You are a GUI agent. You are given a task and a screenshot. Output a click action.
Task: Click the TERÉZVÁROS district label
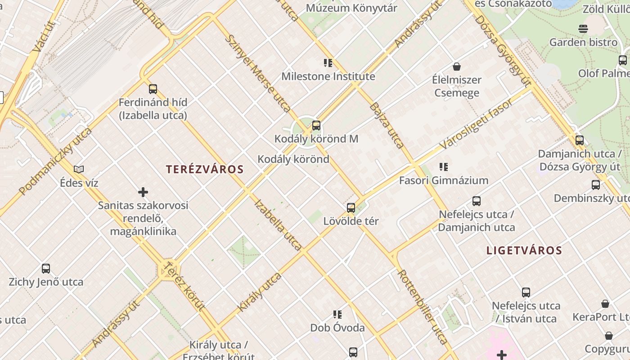click(205, 170)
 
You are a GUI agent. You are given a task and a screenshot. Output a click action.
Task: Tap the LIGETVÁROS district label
click(524, 251)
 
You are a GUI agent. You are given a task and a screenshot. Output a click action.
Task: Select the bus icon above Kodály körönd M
click(316, 126)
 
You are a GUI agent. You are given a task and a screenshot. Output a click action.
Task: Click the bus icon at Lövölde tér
click(351, 208)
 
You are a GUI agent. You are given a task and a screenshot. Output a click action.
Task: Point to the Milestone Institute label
click(328, 76)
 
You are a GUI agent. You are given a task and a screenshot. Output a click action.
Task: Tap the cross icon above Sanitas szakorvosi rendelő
click(143, 193)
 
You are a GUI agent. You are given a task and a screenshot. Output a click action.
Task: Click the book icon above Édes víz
click(79, 170)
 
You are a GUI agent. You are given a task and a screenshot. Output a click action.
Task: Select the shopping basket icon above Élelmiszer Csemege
click(457, 67)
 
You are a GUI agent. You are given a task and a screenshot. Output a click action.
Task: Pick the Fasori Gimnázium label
click(444, 180)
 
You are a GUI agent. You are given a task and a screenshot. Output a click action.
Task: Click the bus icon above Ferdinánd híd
click(153, 89)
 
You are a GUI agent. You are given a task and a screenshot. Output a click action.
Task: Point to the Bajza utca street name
click(387, 125)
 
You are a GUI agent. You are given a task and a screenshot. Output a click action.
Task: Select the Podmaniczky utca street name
click(55, 161)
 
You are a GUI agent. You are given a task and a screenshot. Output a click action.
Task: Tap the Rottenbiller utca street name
click(423, 307)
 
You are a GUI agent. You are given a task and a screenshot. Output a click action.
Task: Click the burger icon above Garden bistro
click(583, 29)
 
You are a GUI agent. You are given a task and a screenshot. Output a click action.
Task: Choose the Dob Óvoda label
click(337, 328)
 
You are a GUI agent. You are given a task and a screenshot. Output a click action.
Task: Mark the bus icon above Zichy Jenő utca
click(46, 269)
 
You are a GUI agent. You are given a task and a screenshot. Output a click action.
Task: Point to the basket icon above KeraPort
click(605, 304)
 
